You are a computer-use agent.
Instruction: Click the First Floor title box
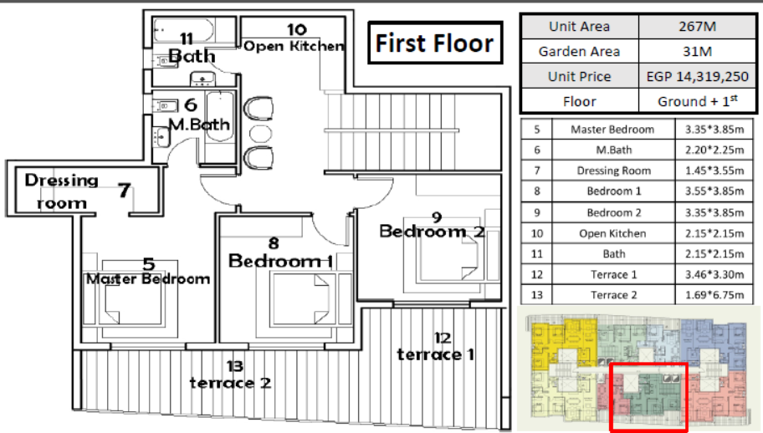435,43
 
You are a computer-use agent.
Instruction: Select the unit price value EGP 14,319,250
697,76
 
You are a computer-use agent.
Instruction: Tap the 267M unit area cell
697,26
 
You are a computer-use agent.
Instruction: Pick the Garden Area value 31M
697,51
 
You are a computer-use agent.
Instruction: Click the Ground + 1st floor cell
697,101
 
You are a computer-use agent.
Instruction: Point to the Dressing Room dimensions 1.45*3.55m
714,171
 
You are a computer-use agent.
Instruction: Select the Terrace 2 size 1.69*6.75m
714,295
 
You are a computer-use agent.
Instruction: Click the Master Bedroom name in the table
612,130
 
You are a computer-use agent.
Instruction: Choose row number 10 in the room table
537,233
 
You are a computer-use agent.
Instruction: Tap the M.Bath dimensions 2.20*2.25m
714,150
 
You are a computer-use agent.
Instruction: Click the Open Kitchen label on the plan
294,46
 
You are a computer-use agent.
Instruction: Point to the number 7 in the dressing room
125,190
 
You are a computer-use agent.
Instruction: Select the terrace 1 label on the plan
436,354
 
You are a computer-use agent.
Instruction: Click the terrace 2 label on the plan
230,383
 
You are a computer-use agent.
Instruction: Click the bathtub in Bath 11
183,30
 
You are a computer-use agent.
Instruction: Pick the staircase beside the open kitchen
412,132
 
